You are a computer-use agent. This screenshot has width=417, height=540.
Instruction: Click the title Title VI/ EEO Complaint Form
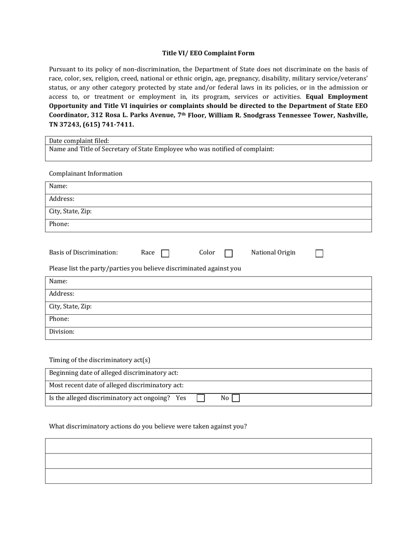point(208,53)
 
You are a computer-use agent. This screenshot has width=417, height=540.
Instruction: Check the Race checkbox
point(165,253)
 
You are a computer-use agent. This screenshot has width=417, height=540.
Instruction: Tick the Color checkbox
point(229,253)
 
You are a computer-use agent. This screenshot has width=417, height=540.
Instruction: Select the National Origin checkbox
point(320,253)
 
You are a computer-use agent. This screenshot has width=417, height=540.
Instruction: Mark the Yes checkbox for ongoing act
point(201,398)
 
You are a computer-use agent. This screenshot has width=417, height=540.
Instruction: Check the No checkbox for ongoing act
point(236,398)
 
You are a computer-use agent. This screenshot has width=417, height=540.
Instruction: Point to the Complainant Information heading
point(86,173)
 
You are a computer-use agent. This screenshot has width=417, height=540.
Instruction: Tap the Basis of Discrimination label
point(83,252)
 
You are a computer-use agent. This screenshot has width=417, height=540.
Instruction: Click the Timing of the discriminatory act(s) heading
point(100,360)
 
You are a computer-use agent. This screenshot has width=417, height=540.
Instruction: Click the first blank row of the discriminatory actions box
point(208,446)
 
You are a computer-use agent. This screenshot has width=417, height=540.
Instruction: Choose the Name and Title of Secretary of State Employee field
point(208,153)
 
